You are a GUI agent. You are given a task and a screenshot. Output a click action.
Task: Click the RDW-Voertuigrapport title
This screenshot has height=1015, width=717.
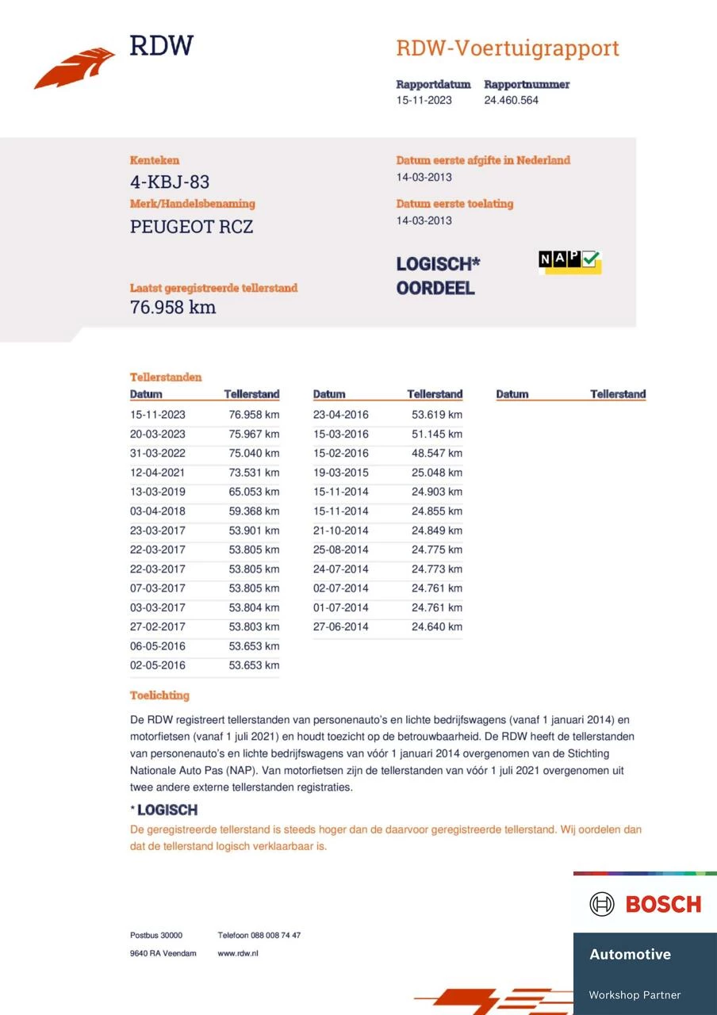pos(507,48)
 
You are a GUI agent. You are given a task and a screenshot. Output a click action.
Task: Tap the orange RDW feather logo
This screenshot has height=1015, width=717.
pos(75,67)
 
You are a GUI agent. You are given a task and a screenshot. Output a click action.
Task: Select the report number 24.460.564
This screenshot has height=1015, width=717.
pos(511,100)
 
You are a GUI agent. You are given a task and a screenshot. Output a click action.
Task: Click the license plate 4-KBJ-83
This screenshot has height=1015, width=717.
pos(170,182)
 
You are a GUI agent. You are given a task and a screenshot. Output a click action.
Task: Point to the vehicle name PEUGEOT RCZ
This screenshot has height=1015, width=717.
pos(191,227)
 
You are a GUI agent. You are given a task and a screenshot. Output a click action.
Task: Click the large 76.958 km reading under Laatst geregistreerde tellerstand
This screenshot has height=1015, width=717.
pos(173,308)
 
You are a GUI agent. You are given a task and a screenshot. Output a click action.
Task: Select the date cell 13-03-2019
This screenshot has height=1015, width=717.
pos(158,492)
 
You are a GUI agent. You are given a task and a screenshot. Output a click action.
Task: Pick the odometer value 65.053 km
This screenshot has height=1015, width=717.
pos(254,492)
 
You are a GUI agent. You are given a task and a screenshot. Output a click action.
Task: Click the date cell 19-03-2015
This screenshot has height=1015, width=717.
pos(340,473)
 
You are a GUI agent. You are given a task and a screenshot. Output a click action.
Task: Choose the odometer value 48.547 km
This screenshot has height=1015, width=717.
pos(436,454)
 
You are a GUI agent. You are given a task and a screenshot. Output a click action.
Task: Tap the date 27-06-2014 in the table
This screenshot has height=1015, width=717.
pos(340,626)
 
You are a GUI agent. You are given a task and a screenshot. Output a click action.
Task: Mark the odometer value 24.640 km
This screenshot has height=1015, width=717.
pos(436,626)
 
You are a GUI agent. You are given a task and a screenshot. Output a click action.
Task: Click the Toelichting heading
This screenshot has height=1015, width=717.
pos(159,695)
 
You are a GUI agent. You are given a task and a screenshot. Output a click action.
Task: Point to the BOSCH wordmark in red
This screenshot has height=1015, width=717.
pos(663,904)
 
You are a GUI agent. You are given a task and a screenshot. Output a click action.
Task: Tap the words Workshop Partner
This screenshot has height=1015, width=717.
pos(635,995)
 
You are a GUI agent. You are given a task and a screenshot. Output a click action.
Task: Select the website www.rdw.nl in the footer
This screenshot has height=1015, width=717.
pos(238,953)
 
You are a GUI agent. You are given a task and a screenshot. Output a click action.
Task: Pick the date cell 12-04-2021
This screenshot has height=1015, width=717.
pos(158,473)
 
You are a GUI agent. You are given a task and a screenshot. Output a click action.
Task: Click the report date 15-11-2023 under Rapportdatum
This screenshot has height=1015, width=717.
pos(424,100)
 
